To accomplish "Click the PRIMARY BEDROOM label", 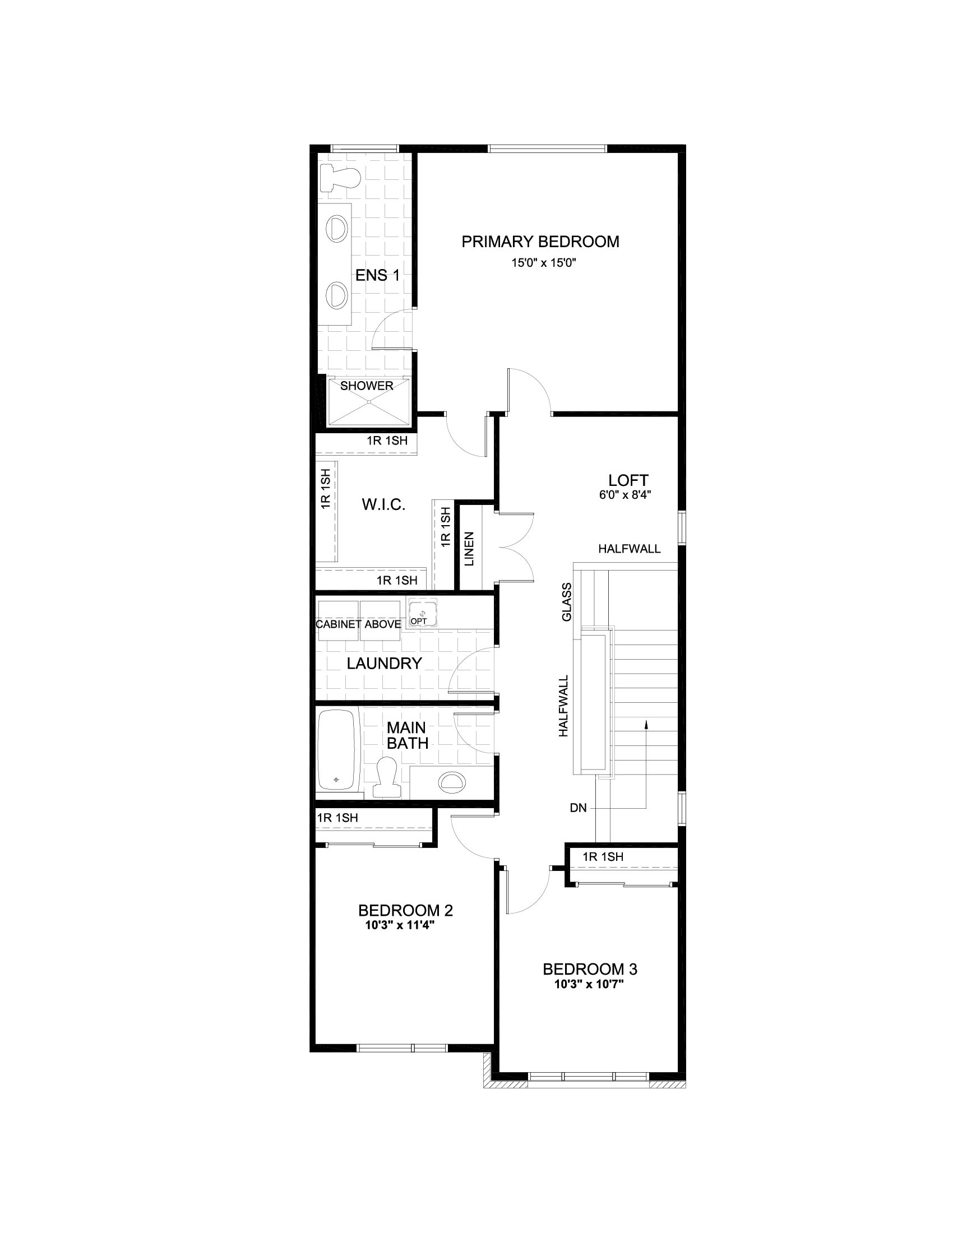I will tap(540, 242).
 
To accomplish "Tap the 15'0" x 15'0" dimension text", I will tap(543, 262).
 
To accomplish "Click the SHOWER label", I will tap(367, 386).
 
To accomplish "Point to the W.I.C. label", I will tap(383, 505).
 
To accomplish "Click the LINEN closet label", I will tap(469, 548).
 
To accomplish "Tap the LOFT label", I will tap(628, 480).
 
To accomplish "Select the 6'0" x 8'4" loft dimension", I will tap(625, 495).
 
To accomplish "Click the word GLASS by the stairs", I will tap(566, 602).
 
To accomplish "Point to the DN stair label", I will tap(578, 808).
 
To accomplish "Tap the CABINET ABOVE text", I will tap(358, 624).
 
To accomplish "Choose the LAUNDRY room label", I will tap(384, 664).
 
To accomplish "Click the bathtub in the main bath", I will tap(337, 750).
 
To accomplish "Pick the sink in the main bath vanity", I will tap(452, 781).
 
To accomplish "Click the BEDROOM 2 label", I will tap(405, 910).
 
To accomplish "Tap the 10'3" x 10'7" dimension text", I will tap(589, 984).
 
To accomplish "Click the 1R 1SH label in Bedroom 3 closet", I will tap(603, 856).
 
